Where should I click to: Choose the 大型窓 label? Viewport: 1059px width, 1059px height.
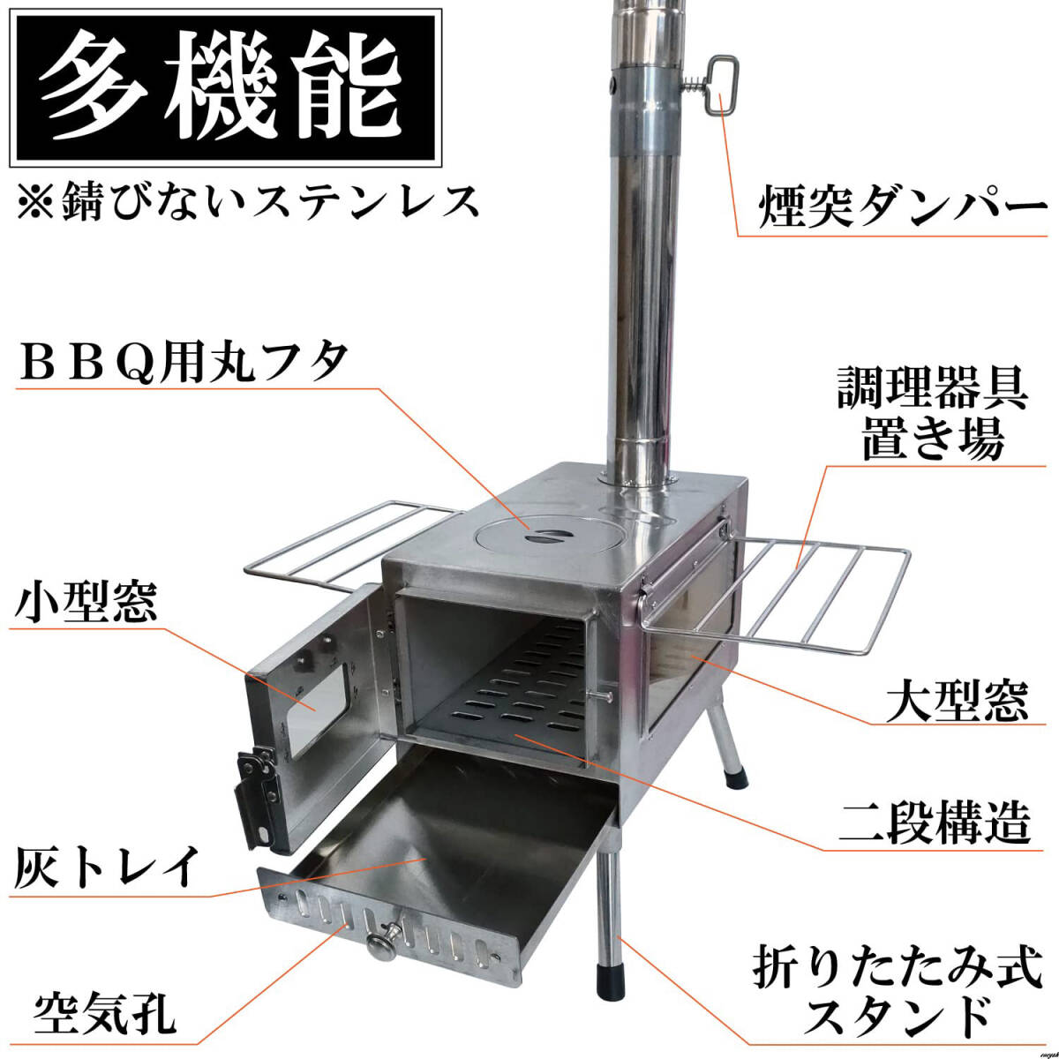click(x=957, y=701)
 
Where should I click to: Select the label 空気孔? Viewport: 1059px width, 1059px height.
click(x=105, y=1013)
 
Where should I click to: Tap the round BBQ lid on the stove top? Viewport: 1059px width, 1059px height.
click(x=530, y=534)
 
